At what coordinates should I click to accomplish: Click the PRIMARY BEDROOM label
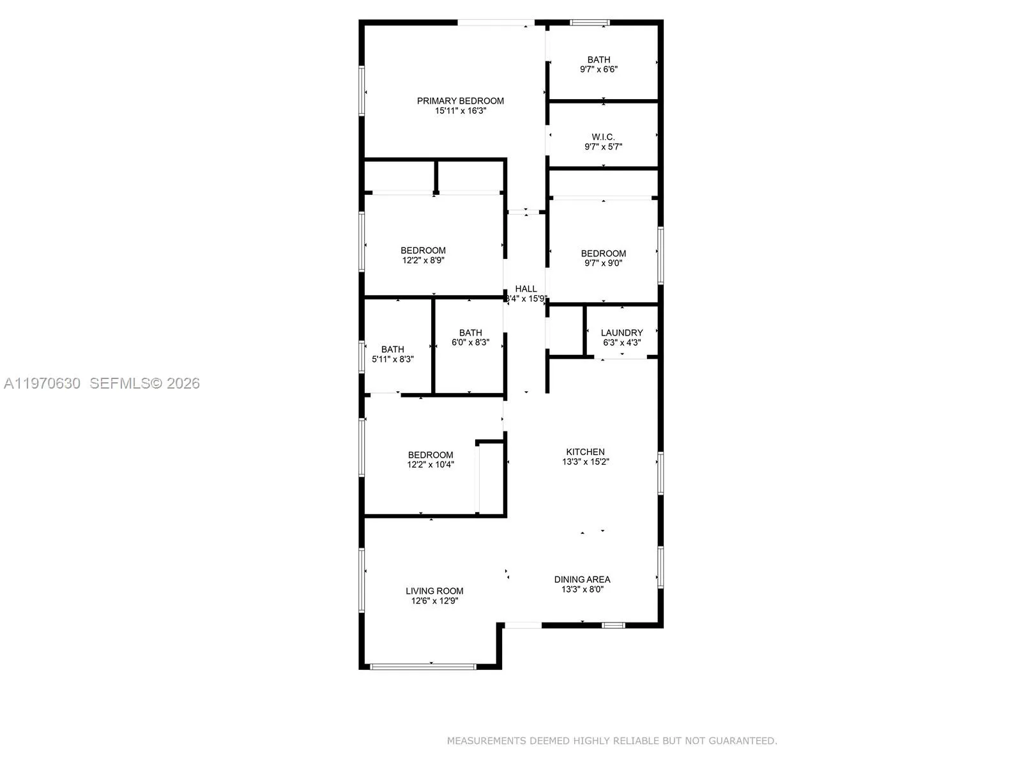(x=460, y=101)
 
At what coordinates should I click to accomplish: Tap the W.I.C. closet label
(x=603, y=137)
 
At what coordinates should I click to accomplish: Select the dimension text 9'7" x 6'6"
(x=599, y=69)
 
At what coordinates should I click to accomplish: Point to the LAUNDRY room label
(x=622, y=333)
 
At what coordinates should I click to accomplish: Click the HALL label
(x=526, y=289)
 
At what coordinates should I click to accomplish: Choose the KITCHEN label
(x=585, y=452)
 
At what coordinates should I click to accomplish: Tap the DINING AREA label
(x=582, y=580)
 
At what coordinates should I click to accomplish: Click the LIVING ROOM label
(x=434, y=591)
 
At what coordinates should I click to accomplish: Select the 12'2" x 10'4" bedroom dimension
(x=431, y=465)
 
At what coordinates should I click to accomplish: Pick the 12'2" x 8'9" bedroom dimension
(x=423, y=260)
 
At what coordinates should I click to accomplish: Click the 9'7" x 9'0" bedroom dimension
(x=603, y=263)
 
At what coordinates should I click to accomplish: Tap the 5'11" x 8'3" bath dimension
(x=393, y=359)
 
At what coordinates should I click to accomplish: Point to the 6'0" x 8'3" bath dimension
(x=470, y=342)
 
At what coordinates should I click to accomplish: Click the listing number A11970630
(x=42, y=383)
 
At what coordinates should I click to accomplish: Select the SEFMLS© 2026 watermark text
(x=144, y=383)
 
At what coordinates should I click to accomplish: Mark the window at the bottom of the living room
(x=423, y=667)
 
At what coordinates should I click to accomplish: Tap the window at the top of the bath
(x=590, y=23)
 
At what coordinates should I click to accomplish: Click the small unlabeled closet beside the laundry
(x=565, y=330)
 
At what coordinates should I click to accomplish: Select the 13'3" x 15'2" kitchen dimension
(x=585, y=461)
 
